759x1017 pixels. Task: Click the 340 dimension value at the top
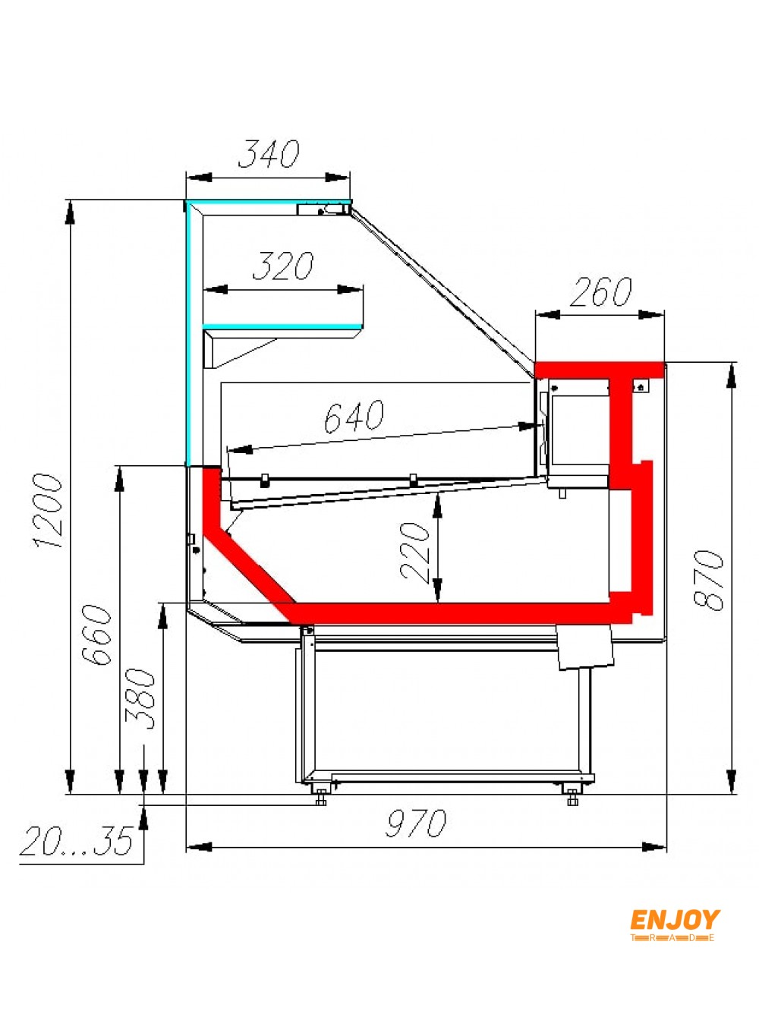pyautogui.click(x=269, y=153)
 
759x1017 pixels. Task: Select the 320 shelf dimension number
pyautogui.click(x=282, y=266)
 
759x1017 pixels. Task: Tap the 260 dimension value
pyautogui.click(x=600, y=292)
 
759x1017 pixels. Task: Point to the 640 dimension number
pyautogui.click(x=354, y=416)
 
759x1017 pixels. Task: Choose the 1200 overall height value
pyautogui.click(x=48, y=511)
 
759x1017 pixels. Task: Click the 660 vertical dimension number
pyautogui.click(x=96, y=634)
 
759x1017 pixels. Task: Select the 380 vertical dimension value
pyautogui.click(x=139, y=699)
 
